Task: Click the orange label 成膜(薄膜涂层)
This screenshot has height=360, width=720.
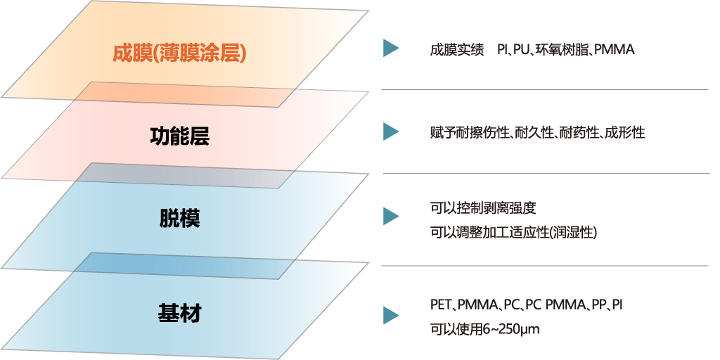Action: (179, 53)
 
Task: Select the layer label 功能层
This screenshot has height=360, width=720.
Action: (179, 136)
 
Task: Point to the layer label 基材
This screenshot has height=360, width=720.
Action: (179, 313)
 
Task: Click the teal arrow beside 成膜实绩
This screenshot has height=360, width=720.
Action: (391, 49)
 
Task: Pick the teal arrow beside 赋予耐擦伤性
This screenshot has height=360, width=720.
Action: (391, 131)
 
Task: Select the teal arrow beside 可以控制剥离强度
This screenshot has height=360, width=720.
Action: (391, 217)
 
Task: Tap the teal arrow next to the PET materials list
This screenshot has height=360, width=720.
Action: (391, 316)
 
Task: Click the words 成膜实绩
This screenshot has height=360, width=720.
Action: (457, 50)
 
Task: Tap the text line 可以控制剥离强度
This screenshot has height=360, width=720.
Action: (483, 208)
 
